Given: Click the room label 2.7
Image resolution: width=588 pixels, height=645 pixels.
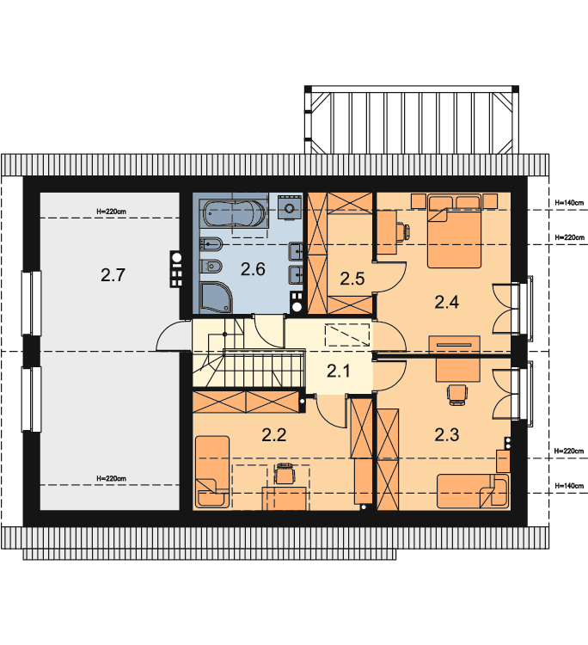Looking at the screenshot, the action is click(x=113, y=275).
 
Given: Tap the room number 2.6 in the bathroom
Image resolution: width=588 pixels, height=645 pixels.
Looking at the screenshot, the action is click(x=253, y=269).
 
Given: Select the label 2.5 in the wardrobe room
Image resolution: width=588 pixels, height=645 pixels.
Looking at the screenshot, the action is click(x=352, y=279).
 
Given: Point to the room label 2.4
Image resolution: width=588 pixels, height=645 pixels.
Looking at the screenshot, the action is click(x=447, y=303).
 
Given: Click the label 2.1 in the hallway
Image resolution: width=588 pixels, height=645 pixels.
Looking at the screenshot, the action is click(x=339, y=371).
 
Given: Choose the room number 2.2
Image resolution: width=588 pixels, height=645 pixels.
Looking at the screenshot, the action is click(x=274, y=435).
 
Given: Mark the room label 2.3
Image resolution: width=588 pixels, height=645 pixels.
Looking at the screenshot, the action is click(x=447, y=435).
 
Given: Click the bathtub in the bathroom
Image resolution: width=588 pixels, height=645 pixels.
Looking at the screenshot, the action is click(x=234, y=213).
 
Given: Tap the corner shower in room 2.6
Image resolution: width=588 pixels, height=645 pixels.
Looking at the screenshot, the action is click(x=216, y=297).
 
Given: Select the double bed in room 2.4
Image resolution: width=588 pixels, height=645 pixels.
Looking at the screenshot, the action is click(x=454, y=231).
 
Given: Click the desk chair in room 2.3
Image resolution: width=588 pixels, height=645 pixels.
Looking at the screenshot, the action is click(x=457, y=395).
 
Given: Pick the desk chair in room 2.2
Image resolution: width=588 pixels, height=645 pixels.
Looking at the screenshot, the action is click(x=285, y=474).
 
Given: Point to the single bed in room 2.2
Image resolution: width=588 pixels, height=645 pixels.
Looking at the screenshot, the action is click(x=212, y=472).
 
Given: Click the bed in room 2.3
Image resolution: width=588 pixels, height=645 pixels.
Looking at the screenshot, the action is click(x=473, y=491).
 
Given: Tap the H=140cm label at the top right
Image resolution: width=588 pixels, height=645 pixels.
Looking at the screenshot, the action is click(x=569, y=203).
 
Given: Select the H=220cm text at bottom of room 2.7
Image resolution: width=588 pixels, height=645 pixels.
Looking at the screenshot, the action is click(x=111, y=478).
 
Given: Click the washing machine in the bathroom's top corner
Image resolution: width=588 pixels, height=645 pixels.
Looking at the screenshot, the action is click(x=290, y=207).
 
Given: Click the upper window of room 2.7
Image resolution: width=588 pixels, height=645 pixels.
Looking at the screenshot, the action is click(x=31, y=304).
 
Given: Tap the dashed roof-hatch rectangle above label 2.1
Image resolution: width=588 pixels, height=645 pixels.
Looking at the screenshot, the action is click(x=347, y=335).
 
